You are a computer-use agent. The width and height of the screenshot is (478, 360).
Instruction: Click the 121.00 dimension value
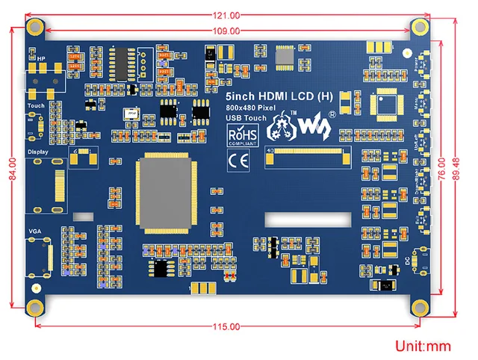pyautogui.click(x=226, y=16)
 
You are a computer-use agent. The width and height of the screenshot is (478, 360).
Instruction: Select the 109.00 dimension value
pyautogui.click(x=226, y=31)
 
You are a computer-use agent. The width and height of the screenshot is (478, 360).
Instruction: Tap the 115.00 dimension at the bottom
pyautogui.click(x=226, y=327)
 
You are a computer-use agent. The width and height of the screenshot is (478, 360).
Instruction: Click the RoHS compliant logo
pyautogui.click(x=241, y=134)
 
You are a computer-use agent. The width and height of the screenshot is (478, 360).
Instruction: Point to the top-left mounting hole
pyautogui.click(x=34, y=26)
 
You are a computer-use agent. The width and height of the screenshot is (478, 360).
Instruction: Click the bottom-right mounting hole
pyautogui.click(x=421, y=306)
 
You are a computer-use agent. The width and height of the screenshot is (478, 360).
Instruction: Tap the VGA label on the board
pyautogui.click(x=35, y=232)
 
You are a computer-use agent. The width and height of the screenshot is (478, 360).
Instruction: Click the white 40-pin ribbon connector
pyautogui.click(x=308, y=158)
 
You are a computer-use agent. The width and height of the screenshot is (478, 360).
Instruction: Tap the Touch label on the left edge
pyautogui.click(x=35, y=105)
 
